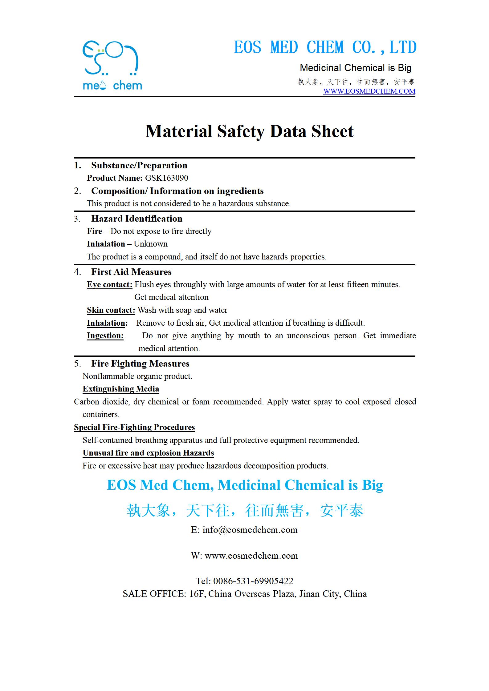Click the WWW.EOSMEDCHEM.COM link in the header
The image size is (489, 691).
(369, 91)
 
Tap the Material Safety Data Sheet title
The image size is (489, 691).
(249, 131)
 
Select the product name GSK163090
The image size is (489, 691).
(166, 178)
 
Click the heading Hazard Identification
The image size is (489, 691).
(137, 219)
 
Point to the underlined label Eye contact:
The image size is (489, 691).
(109, 284)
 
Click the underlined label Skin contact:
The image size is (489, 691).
(111, 310)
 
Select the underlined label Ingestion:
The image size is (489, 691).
(105, 335)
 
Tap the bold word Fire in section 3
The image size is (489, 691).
(94, 231)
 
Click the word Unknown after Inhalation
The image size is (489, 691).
(151, 244)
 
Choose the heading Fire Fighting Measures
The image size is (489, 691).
(140, 364)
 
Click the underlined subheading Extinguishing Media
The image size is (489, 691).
(121, 389)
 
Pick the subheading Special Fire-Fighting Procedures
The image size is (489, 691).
(134, 427)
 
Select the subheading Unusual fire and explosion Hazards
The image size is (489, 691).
(148, 453)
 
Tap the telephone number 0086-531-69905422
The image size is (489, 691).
(253, 581)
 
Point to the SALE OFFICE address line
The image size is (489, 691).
(245, 594)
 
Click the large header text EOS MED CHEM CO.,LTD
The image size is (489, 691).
(325, 47)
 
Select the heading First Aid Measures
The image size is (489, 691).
(131, 272)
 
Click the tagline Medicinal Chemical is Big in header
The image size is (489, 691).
(356, 68)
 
